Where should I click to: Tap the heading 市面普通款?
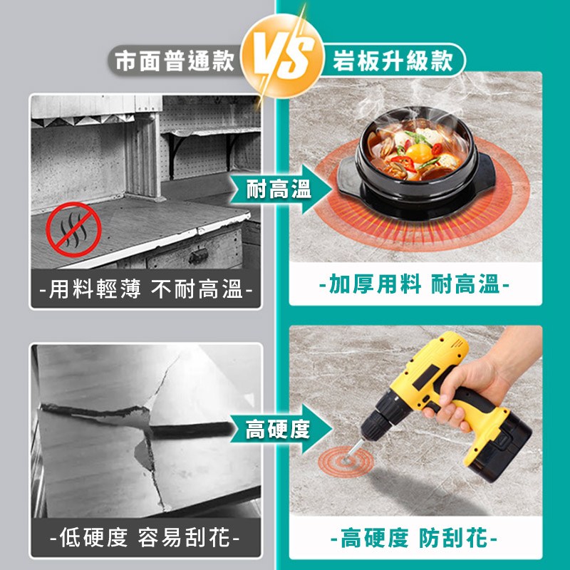pyautogui.click(x=175, y=61)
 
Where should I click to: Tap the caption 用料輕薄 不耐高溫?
pyautogui.click(x=146, y=292)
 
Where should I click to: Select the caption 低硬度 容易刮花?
pyautogui.click(x=146, y=537)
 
